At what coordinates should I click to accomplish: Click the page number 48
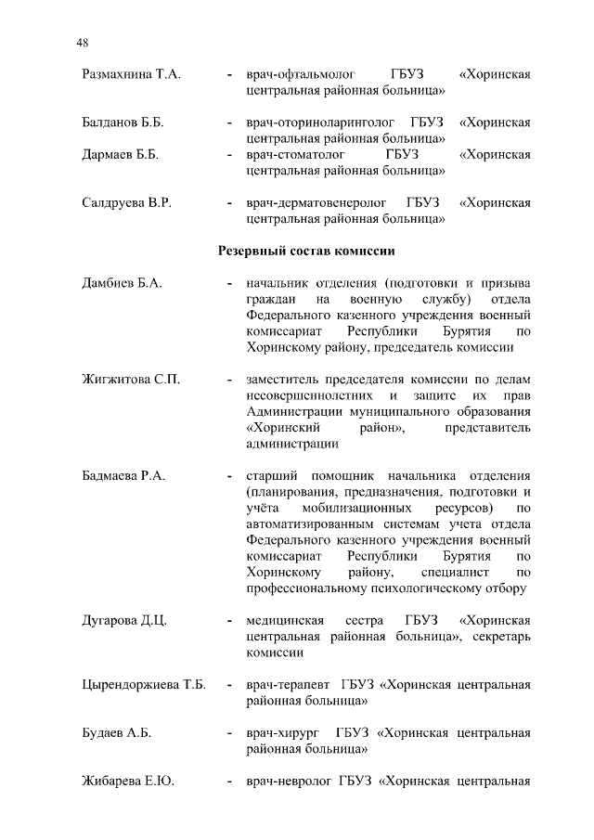coord(83,43)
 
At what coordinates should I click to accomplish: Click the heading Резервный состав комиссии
coord(306,251)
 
